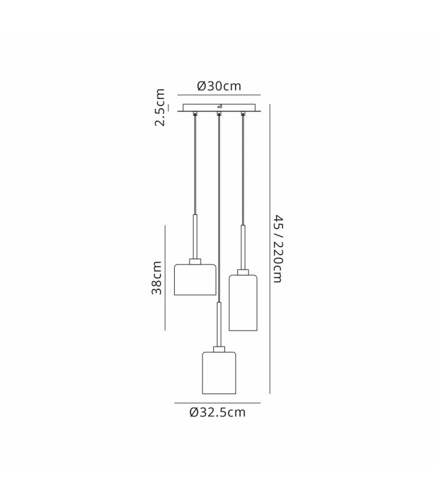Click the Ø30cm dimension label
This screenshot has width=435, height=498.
pyautogui.click(x=219, y=86)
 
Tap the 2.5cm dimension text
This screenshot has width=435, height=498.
pyautogui.click(x=160, y=107)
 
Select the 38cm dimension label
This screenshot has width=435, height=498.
pyautogui.click(x=157, y=278)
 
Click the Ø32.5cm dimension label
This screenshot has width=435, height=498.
pyautogui.click(x=217, y=412)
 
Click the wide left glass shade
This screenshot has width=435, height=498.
pyautogui.click(x=195, y=280)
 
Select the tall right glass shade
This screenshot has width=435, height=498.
pyautogui.click(x=243, y=303)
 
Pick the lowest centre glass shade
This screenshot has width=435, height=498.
pyautogui.click(x=219, y=373)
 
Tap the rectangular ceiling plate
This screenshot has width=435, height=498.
pyautogui.click(x=219, y=107)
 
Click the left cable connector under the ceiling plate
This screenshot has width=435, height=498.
pyautogui.click(x=195, y=113)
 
